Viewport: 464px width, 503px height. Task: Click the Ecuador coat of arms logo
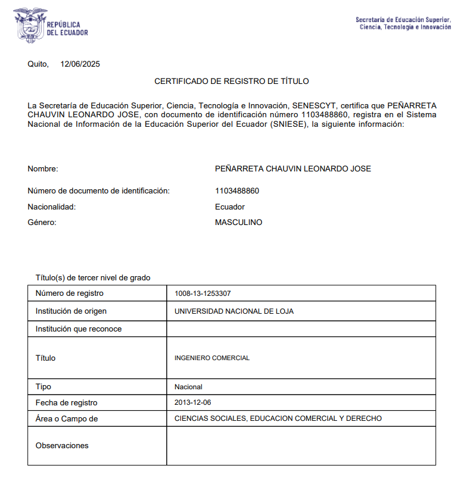[30, 24]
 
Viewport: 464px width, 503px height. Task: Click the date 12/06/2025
[80, 64]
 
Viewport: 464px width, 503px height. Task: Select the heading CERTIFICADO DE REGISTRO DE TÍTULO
[232, 81]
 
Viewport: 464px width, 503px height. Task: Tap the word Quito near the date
[38, 64]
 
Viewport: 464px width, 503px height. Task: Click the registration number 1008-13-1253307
[203, 293]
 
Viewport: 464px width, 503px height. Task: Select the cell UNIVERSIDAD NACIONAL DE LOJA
[233, 311]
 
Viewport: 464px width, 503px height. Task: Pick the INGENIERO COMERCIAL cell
[212, 358]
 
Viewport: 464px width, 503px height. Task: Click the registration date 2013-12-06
[192, 403]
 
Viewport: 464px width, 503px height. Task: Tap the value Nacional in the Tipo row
[188, 387]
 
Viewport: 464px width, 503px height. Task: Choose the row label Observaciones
[62, 445]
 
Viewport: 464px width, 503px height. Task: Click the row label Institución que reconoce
[79, 329]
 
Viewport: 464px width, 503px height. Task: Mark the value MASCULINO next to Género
[238, 223]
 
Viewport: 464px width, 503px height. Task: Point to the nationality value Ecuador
[230, 207]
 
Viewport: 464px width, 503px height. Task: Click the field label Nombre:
[43, 169]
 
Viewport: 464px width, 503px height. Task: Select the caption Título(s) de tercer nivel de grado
[93, 277]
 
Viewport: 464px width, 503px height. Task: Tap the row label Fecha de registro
[66, 403]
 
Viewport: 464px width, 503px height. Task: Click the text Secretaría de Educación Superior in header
[403, 20]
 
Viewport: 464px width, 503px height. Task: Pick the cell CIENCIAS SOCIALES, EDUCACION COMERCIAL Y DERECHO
[278, 418]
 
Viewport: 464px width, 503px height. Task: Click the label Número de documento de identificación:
[99, 191]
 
